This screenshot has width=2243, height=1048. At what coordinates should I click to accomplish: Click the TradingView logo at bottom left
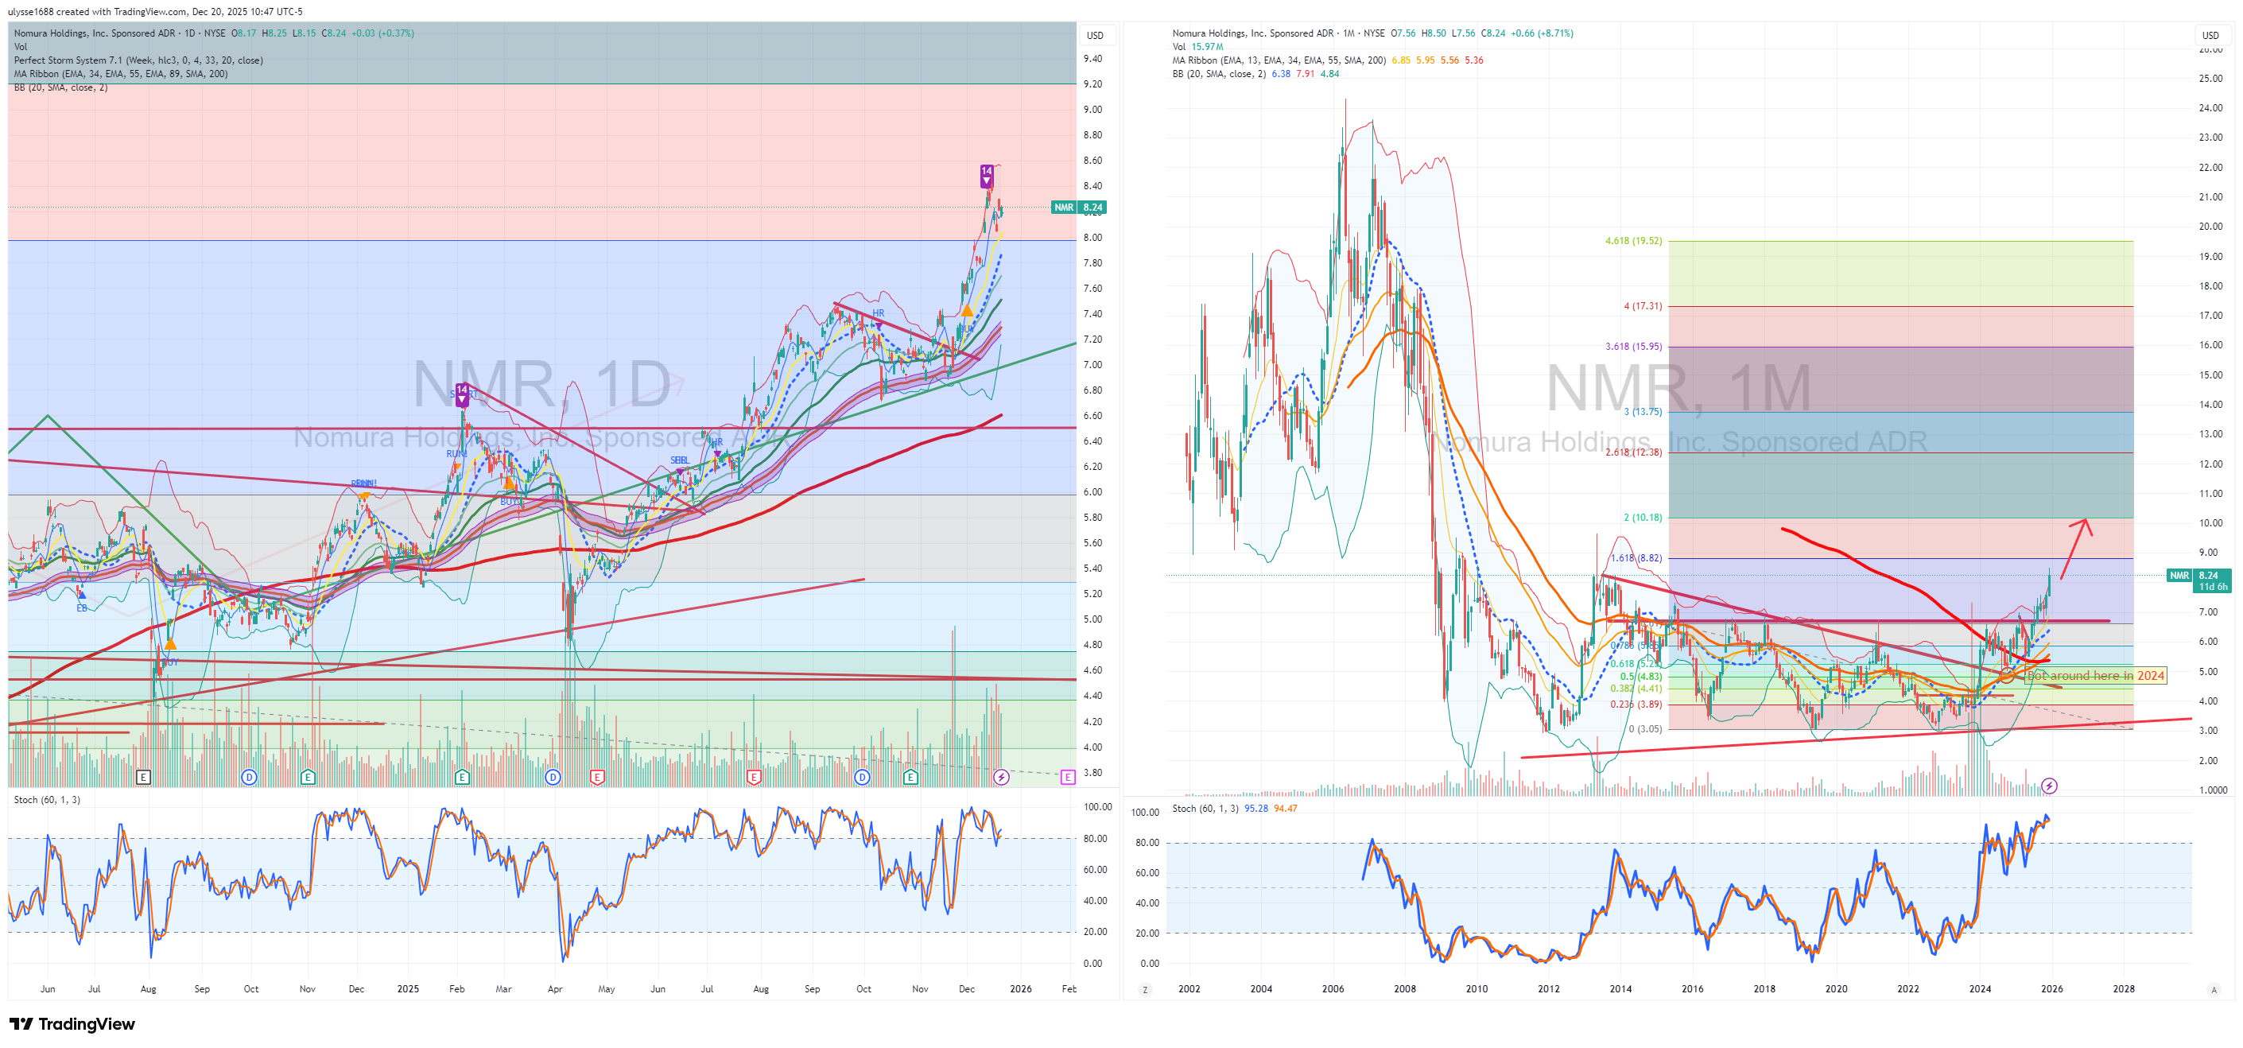72,1023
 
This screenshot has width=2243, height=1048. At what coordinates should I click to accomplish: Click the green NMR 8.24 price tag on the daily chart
1079,208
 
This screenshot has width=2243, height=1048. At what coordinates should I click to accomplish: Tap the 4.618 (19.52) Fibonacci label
1632,241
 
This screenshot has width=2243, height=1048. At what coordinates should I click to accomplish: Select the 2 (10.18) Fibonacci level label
1642,517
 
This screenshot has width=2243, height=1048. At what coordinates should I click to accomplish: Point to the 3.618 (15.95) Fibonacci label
1632,347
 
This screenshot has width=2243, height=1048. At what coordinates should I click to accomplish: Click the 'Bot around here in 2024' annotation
2095,675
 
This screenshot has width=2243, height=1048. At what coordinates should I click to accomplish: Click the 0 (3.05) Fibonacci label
1645,728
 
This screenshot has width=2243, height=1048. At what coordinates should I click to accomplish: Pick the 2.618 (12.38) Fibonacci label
1632,452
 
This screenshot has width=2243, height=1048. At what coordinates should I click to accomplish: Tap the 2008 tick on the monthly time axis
1404,989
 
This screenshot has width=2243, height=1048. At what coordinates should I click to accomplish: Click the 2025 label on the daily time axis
408,989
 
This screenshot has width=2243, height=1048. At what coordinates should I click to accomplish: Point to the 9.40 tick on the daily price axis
1092,58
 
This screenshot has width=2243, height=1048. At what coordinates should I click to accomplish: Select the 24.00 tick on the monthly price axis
2210,108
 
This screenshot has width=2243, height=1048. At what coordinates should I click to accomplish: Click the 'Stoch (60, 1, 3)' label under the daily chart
47,800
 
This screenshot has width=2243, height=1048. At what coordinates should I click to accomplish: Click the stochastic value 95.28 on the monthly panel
1255,809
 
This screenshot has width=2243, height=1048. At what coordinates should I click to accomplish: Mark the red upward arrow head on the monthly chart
2085,522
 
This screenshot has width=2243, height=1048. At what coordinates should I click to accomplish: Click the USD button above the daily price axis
1095,36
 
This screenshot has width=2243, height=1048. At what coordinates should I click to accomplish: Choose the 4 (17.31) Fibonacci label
1642,306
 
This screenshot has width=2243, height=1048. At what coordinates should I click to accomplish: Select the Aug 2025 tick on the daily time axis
760,989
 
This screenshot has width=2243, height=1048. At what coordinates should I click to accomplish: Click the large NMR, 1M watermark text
1678,388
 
